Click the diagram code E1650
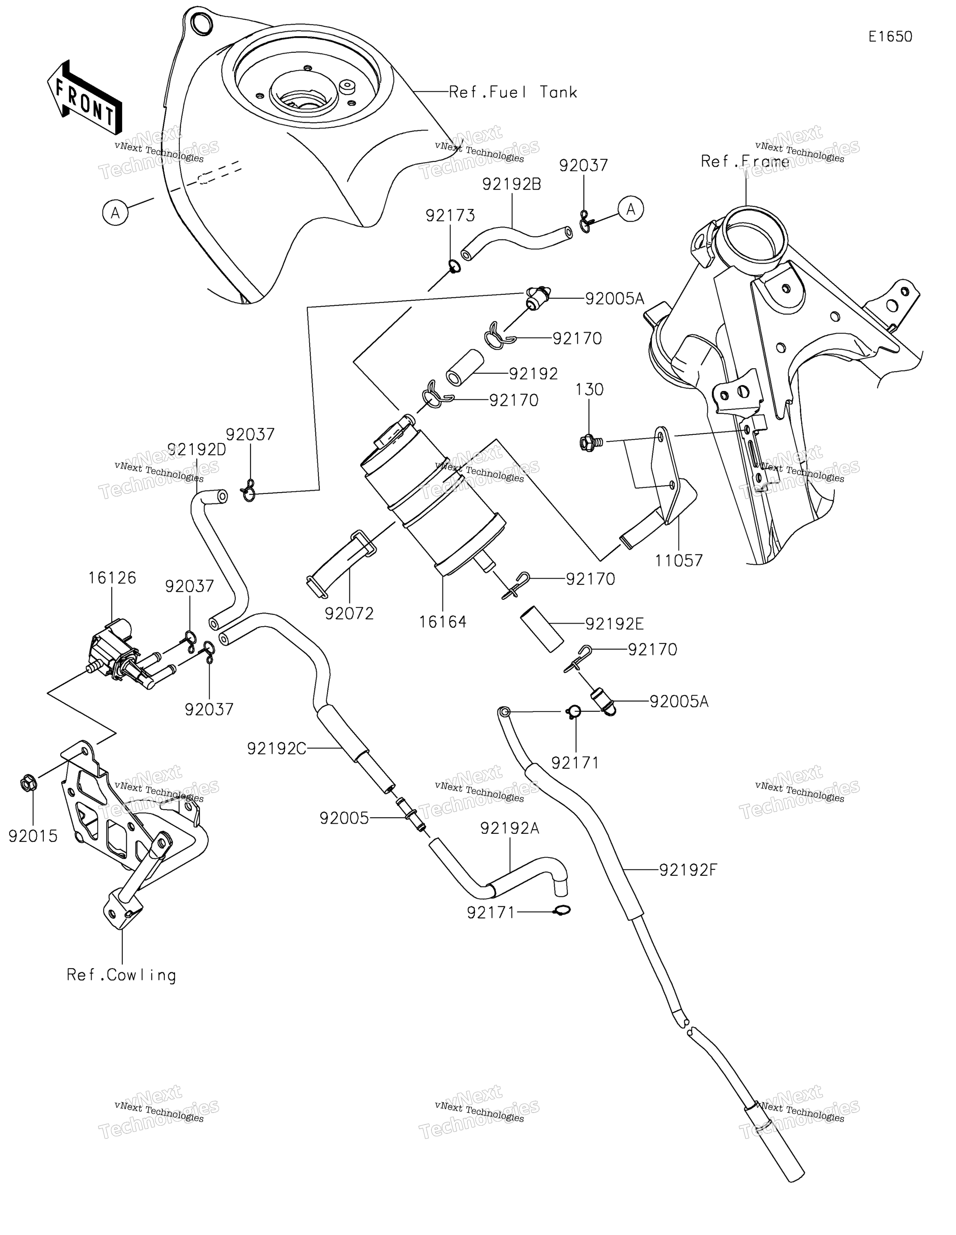pos(890,37)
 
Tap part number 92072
pos(349,614)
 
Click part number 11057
pos(679,560)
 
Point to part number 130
pos(590,390)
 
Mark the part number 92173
pos(450,215)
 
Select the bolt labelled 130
pos(590,442)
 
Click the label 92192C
pos(277,749)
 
